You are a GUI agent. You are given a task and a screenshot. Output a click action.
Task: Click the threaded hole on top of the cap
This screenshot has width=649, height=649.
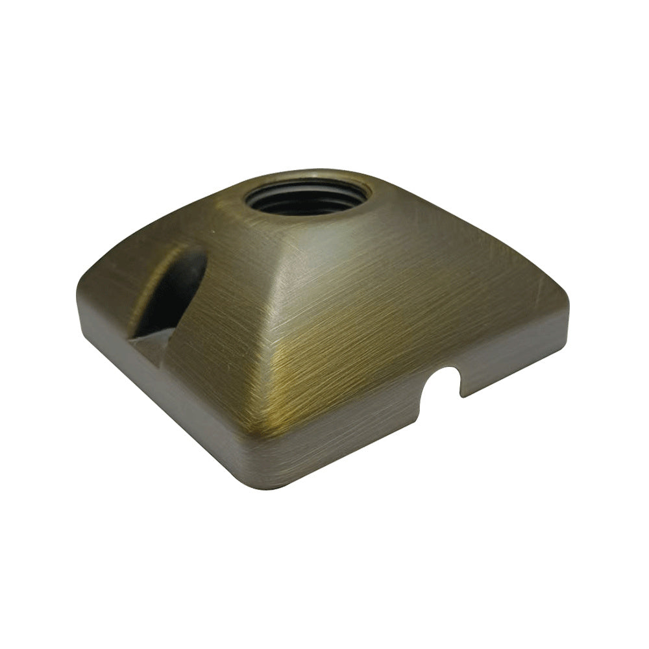[308, 197]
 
